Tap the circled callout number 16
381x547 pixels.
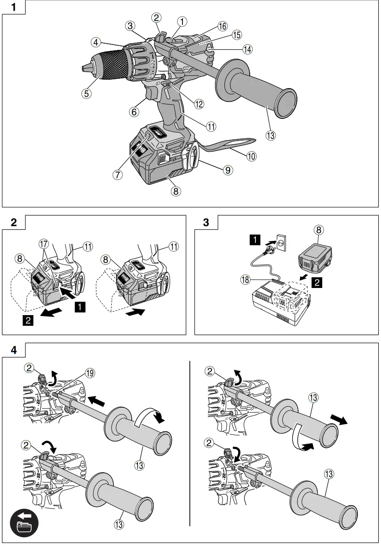(223, 26)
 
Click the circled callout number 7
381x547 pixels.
(118, 174)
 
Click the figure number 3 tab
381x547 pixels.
(206, 222)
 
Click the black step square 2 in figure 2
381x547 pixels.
(28, 320)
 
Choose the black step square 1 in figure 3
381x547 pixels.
(255, 241)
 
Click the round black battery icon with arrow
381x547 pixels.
(24, 522)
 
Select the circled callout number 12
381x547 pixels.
(199, 104)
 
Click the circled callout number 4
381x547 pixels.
(96, 43)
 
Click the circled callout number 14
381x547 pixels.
(247, 49)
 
